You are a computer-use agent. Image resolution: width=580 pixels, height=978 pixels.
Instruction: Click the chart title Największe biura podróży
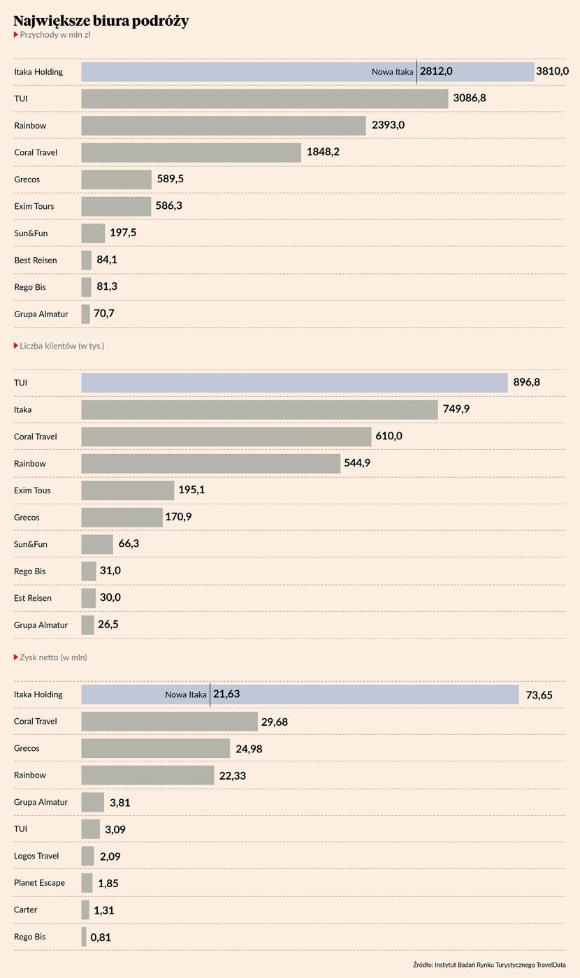pyautogui.click(x=101, y=21)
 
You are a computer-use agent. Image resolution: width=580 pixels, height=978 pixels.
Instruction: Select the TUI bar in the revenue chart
pyautogui.click(x=264, y=98)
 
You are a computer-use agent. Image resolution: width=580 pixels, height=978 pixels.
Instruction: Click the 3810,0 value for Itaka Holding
pyautogui.click(x=552, y=71)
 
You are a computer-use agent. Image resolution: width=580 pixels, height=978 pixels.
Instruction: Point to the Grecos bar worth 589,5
pyautogui.click(x=116, y=180)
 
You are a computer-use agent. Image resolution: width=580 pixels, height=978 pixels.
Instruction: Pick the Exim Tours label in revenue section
pyautogui.click(x=34, y=206)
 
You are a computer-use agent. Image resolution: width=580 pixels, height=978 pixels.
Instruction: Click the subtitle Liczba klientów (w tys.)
pyautogui.click(x=61, y=346)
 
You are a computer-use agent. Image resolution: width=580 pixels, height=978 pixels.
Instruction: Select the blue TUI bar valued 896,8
pyautogui.click(x=294, y=383)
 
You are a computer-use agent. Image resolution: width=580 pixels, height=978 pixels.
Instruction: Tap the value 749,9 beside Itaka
pyautogui.click(x=456, y=409)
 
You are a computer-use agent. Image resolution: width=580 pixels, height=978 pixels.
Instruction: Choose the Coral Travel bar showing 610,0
pyautogui.click(x=226, y=437)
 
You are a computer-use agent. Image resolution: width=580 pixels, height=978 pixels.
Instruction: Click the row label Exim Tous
pyautogui.click(x=32, y=490)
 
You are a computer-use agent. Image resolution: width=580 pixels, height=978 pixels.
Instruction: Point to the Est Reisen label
pyautogui.click(x=33, y=598)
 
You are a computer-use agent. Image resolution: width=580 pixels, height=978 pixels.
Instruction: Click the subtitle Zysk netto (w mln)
pyautogui.click(x=53, y=657)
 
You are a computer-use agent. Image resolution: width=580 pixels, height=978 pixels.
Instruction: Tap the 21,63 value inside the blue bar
pyautogui.click(x=226, y=694)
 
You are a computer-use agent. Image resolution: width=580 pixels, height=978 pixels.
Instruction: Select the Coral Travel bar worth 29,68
pyautogui.click(x=169, y=722)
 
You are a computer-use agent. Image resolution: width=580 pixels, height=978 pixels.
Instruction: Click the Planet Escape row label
pyautogui.click(x=39, y=883)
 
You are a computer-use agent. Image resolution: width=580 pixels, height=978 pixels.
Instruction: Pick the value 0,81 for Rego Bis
pyautogui.click(x=101, y=937)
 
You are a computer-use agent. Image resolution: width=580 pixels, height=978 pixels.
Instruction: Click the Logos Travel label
pyautogui.click(x=36, y=856)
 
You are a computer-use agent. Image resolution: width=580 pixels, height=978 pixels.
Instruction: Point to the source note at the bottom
pyautogui.click(x=488, y=965)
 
